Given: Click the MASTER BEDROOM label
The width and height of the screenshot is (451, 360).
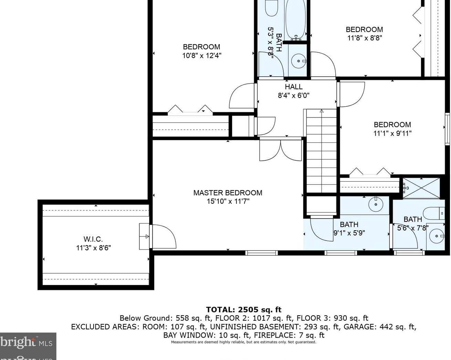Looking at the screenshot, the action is (x=228, y=193).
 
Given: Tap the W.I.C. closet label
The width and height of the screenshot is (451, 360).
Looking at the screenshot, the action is (x=93, y=239).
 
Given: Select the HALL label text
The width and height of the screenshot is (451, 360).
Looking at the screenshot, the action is (x=293, y=87).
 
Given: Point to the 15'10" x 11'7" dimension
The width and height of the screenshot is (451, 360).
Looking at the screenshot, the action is (x=228, y=202).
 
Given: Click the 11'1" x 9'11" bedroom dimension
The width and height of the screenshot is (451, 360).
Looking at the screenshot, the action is (x=392, y=134).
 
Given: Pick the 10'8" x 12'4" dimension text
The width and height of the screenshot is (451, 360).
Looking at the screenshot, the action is (x=202, y=56).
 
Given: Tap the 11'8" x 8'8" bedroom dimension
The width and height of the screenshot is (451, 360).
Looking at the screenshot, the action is (x=365, y=38).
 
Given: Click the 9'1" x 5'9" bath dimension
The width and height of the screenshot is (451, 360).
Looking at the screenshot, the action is (x=349, y=233).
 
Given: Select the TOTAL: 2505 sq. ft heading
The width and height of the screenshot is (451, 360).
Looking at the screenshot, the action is (x=243, y=309).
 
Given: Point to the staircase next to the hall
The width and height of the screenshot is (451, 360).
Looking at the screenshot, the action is (x=322, y=151).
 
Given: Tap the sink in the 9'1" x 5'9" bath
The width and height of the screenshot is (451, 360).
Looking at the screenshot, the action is (x=376, y=204).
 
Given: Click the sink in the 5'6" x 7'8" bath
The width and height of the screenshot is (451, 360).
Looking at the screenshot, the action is (x=437, y=236).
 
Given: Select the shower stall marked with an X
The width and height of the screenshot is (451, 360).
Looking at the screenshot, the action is (x=421, y=188).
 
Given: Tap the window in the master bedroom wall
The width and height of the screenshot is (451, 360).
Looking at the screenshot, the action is (x=262, y=253).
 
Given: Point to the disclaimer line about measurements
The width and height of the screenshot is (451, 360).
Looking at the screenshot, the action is (x=243, y=342).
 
